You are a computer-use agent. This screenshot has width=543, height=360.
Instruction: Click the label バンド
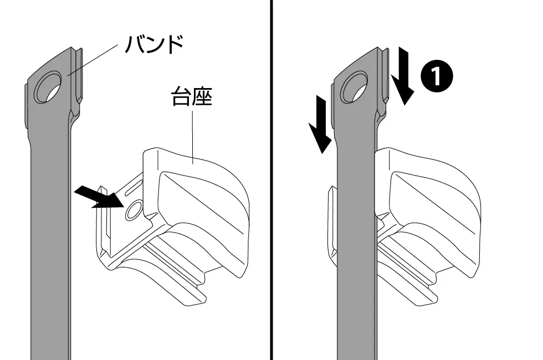coord(154,44)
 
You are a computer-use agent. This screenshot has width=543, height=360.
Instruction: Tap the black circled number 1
coord(437,76)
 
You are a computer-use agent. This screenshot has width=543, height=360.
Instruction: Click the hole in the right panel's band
coord(354,87)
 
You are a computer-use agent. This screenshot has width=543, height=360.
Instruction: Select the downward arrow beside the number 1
coord(403,76)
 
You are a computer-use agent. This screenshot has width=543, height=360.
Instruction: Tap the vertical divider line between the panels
coord(271,180)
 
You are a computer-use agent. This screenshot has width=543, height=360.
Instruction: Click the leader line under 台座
coord(193,136)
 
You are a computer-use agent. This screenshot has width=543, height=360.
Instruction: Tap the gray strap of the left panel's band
coord(50,243)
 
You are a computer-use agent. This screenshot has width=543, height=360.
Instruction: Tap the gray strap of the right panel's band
coord(357,243)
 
